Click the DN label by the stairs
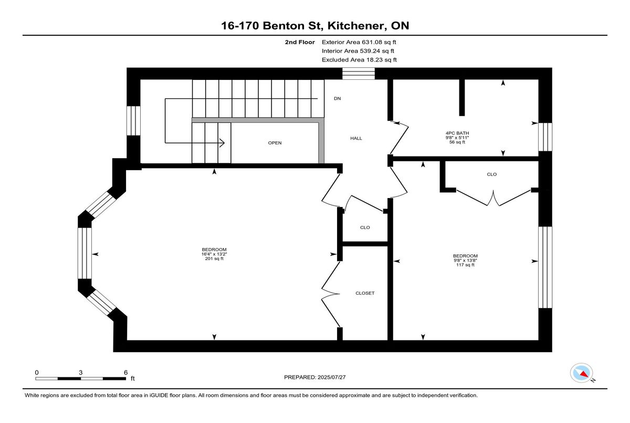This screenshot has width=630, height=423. (x=337, y=98)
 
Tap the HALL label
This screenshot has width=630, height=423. (x=356, y=138)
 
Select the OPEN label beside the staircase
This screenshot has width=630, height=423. (x=275, y=143)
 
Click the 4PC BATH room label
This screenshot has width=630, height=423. (x=457, y=133)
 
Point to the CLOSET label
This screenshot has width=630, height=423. (x=365, y=293)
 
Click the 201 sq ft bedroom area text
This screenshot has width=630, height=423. (x=214, y=259)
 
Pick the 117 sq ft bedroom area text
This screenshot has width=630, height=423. (x=465, y=265)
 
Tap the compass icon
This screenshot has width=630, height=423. (x=581, y=373)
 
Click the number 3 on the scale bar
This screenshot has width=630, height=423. (x=81, y=373)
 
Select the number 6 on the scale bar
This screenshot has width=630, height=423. (x=125, y=373)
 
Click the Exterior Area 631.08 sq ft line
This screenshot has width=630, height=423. (x=359, y=42)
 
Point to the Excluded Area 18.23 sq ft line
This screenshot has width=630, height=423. (x=359, y=60)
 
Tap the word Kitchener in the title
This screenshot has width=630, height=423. (x=355, y=26)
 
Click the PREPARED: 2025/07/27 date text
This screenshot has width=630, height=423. (x=314, y=377)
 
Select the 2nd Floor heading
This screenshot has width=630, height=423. (x=300, y=42)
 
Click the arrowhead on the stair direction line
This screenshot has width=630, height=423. (x=222, y=143)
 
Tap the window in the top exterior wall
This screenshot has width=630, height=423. (x=359, y=74)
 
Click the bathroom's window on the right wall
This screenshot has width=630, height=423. (x=545, y=137)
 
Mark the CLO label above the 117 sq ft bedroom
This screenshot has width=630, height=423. (x=491, y=174)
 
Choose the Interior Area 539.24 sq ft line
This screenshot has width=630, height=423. (x=358, y=51)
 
